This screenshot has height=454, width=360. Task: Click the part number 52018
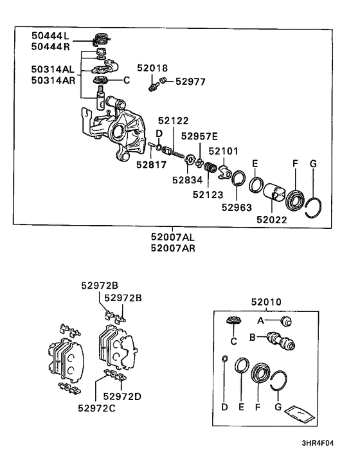pos(152,68)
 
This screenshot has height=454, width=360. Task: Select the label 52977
pos(190,82)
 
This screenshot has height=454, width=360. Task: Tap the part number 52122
pos(173,120)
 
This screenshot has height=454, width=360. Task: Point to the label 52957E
pos(199,136)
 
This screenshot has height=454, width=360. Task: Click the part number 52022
pos(272,220)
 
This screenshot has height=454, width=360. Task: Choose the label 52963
pos(237,207)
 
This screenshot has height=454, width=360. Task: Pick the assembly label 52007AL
pos(173,237)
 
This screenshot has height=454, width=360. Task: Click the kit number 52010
pos(266,302)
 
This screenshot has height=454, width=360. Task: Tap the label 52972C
pos(96,408)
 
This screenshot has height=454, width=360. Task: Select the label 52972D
pos(122,396)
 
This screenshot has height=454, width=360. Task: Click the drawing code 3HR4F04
pos(318,443)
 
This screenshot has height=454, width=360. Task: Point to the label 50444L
pos(50,35)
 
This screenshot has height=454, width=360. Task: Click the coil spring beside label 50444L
pos(102,39)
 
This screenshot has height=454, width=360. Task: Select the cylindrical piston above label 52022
pos(274,192)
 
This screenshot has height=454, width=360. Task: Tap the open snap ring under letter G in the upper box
pos(314,208)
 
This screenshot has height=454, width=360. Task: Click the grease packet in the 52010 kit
pos(299,413)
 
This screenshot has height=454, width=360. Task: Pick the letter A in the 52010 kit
pos(260,321)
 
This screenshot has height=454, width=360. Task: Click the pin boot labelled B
pos(281,341)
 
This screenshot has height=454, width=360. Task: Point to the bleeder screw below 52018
pos(154,87)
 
